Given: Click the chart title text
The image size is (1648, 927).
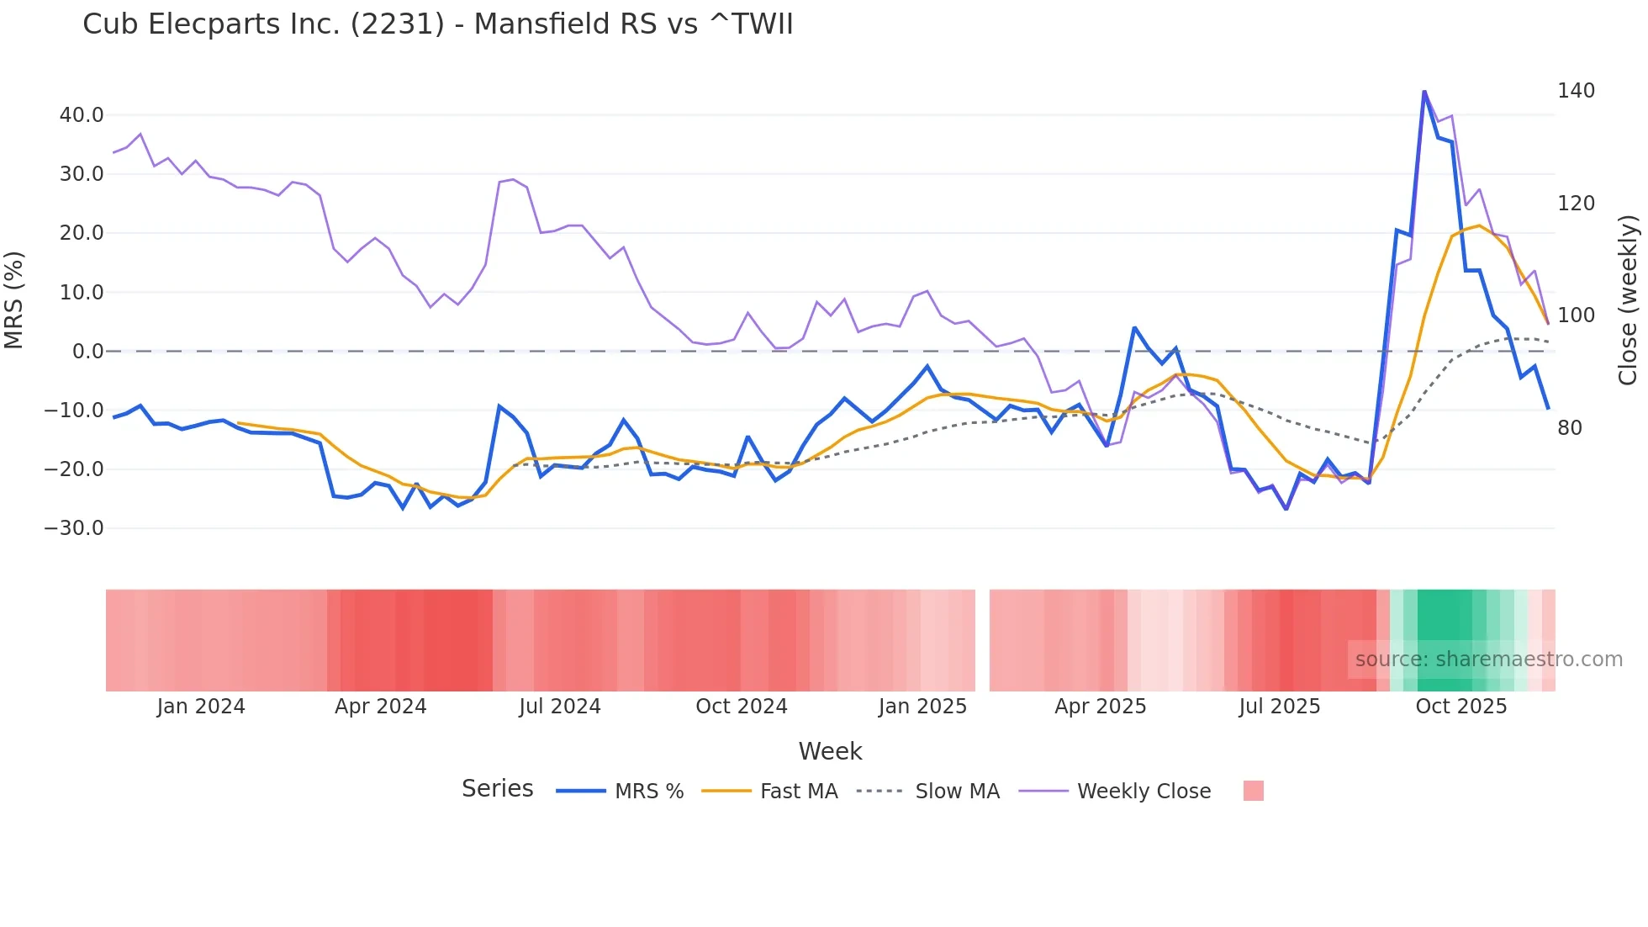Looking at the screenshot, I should [x=437, y=24].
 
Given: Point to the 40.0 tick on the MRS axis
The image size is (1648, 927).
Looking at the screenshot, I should [x=82, y=115].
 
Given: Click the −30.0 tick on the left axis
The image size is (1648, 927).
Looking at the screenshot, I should [x=74, y=528].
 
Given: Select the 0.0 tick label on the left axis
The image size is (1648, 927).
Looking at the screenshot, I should [x=87, y=352].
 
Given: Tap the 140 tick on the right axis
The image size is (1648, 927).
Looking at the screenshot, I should [x=1576, y=91].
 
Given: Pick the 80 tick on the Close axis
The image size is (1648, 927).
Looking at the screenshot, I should [x=1570, y=428].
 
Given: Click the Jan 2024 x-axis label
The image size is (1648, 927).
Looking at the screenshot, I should [x=201, y=707].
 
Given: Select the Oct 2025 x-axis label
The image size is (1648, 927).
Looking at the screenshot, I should [x=1460, y=707].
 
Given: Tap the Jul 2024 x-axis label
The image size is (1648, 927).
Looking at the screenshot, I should [x=559, y=707].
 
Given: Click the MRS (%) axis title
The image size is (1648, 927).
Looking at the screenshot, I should [x=14, y=299].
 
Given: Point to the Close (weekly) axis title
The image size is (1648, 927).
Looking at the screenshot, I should [x=1629, y=299].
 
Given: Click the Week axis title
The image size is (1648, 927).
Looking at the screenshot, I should [x=830, y=751].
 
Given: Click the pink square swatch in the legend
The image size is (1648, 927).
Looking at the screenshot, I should [x=1253, y=792].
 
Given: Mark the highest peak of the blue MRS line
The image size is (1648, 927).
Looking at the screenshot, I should [x=1424, y=91].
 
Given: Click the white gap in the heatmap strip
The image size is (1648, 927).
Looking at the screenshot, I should [x=982, y=640].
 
